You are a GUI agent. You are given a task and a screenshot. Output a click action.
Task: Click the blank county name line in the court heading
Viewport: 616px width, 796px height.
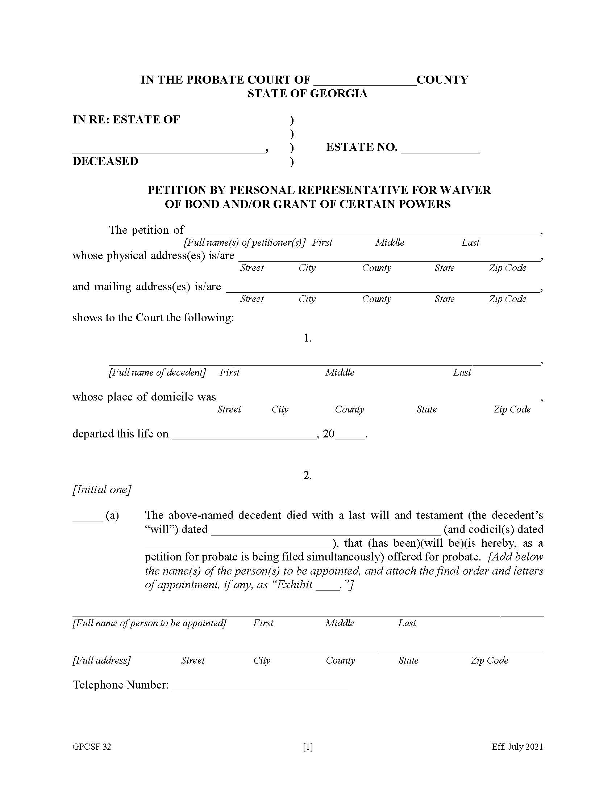365,82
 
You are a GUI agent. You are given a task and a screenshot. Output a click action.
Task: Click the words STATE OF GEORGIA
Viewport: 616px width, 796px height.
307,94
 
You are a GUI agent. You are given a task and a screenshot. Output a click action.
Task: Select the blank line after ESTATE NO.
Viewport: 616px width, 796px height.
440,149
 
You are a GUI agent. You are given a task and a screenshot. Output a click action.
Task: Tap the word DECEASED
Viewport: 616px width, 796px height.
105,161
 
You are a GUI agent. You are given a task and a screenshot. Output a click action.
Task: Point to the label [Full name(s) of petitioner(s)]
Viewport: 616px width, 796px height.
244,242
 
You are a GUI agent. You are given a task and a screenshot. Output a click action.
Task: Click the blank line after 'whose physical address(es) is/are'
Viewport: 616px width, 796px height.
389,257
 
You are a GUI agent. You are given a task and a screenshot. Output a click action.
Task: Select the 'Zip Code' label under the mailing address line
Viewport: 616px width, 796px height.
507,299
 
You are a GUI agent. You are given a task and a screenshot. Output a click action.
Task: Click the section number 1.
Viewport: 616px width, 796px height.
307,338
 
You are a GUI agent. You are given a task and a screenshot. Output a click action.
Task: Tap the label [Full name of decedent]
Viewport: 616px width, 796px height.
157,372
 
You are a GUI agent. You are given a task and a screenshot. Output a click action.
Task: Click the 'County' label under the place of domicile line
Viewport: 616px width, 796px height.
349,409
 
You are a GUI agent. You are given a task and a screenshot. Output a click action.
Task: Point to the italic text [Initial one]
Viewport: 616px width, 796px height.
101,489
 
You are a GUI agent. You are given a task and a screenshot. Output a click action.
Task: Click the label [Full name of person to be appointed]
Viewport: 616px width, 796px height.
149,623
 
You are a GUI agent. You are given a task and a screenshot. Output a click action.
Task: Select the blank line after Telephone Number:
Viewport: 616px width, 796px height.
260,687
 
